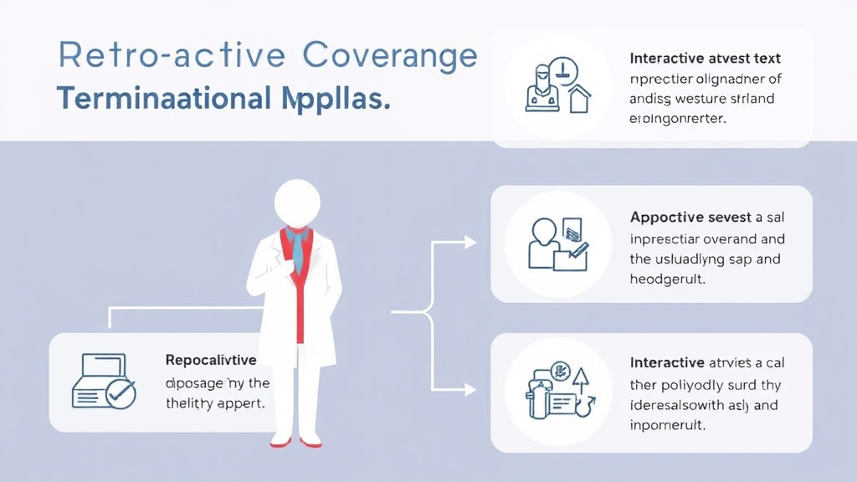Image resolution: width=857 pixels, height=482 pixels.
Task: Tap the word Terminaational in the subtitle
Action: pyautogui.click(x=160, y=99)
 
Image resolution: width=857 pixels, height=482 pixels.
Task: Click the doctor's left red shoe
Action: pyautogui.click(x=280, y=440)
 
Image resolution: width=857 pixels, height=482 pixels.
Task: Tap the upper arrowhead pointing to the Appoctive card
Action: pyautogui.click(x=470, y=243)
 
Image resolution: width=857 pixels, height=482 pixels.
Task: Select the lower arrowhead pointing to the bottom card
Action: pyautogui.click(x=470, y=389)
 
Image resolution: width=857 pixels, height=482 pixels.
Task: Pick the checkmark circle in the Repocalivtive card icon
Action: pyautogui.click(x=121, y=392)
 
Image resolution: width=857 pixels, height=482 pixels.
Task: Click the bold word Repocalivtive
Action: pyautogui.click(x=211, y=361)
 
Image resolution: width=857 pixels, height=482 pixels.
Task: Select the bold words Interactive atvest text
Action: pyautogui.click(x=705, y=59)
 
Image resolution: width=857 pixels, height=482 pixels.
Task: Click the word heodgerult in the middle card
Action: pyautogui.click(x=667, y=279)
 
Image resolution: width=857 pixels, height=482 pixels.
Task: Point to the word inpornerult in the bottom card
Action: pyautogui.click(x=667, y=425)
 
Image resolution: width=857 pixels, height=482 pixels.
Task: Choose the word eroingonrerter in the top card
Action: pyautogui.click(x=677, y=119)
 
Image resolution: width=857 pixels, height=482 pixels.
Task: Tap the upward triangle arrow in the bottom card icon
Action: pyautogui.click(x=580, y=378)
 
